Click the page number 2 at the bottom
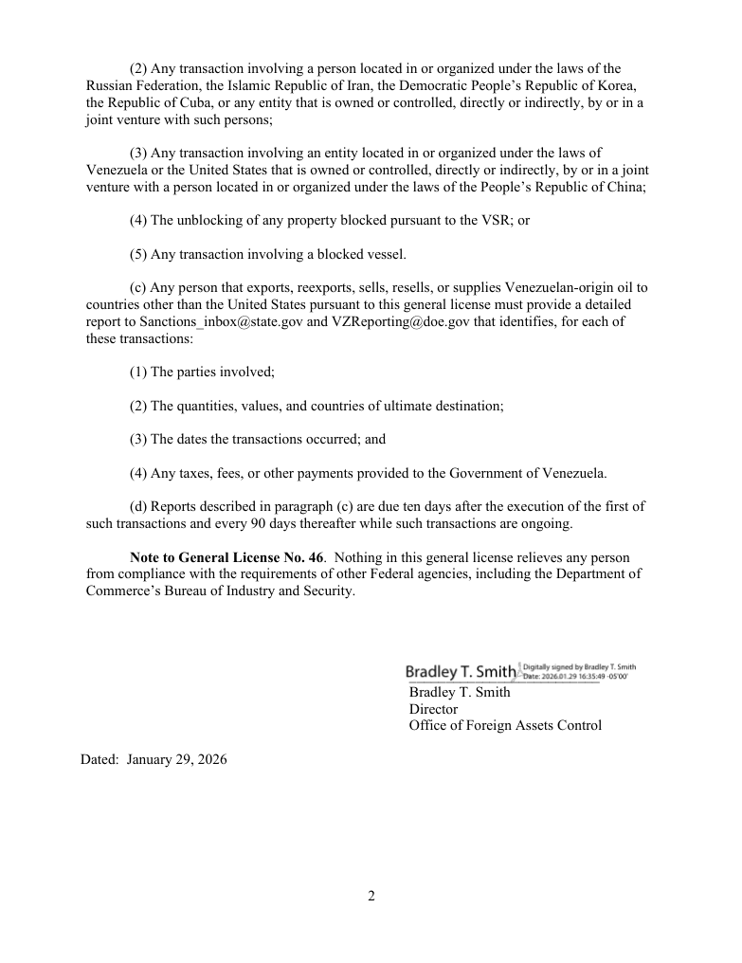pos(371,897)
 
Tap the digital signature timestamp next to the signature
pos(579,671)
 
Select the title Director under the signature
pos(433,709)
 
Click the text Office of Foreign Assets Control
pos(505,726)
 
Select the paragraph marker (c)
pos(138,287)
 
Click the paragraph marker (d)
pos(138,506)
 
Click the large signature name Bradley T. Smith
pos(461,672)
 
